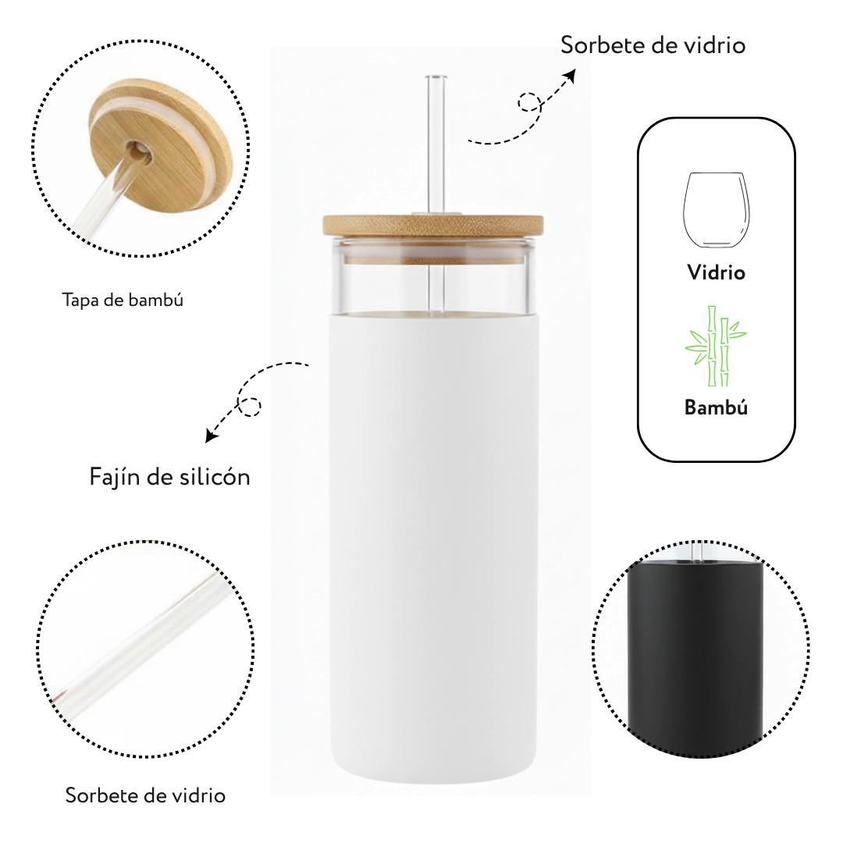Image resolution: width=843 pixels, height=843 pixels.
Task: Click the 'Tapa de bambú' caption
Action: pyautogui.click(x=123, y=300)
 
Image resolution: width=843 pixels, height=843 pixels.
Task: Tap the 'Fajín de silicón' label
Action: pyautogui.click(x=170, y=477)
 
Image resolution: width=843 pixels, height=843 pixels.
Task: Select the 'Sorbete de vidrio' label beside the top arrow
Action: pyautogui.click(x=653, y=45)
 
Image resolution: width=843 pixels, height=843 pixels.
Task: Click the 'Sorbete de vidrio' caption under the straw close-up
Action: pyautogui.click(x=145, y=795)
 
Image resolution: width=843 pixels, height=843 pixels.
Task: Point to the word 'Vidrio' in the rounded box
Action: pyautogui.click(x=716, y=272)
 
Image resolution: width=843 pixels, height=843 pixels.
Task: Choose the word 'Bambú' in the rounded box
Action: pyautogui.click(x=716, y=407)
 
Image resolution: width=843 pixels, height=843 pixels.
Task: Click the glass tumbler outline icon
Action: pyautogui.click(x=716, y=210)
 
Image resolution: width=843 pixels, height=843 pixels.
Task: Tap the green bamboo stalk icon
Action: pyautogui.click(x=716, y=346)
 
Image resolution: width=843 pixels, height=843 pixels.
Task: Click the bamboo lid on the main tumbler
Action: pyautogui.click(x=433, y=225)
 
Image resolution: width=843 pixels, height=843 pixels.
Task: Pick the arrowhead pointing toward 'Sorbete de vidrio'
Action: pyautogui.click(x=569, y=76)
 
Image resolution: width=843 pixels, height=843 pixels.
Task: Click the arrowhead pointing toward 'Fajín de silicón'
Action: pyautogui.click(x=212, y=435)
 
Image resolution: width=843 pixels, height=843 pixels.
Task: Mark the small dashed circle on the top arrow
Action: pyautogui.click(x=529, y=102)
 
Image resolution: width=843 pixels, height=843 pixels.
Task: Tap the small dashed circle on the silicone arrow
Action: pyautogui.click(x=250, y=406)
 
